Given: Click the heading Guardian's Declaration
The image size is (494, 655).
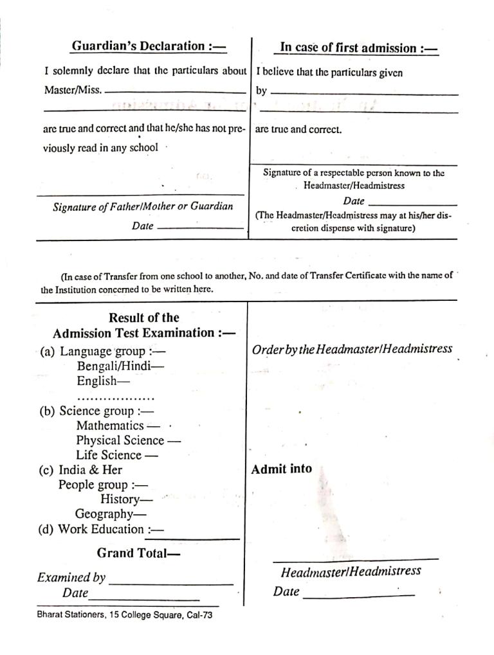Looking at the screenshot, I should click(149, 46).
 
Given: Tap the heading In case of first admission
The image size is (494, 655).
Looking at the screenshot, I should click(358, 48).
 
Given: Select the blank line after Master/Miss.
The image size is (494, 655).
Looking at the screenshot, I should click(175, 92).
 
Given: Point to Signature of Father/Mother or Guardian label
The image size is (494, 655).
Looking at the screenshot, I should click(143, 207).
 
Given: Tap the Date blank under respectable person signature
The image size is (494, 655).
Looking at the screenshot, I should click(412, 204).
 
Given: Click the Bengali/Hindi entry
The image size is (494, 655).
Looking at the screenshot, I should click(120, 366).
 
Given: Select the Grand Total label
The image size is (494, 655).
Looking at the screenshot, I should click(138, 553).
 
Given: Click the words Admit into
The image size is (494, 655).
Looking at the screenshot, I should click(282, 469).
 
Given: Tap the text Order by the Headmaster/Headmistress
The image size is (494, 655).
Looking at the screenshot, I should click(352, 350).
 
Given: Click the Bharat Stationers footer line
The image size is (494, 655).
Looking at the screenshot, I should click(124, 615).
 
